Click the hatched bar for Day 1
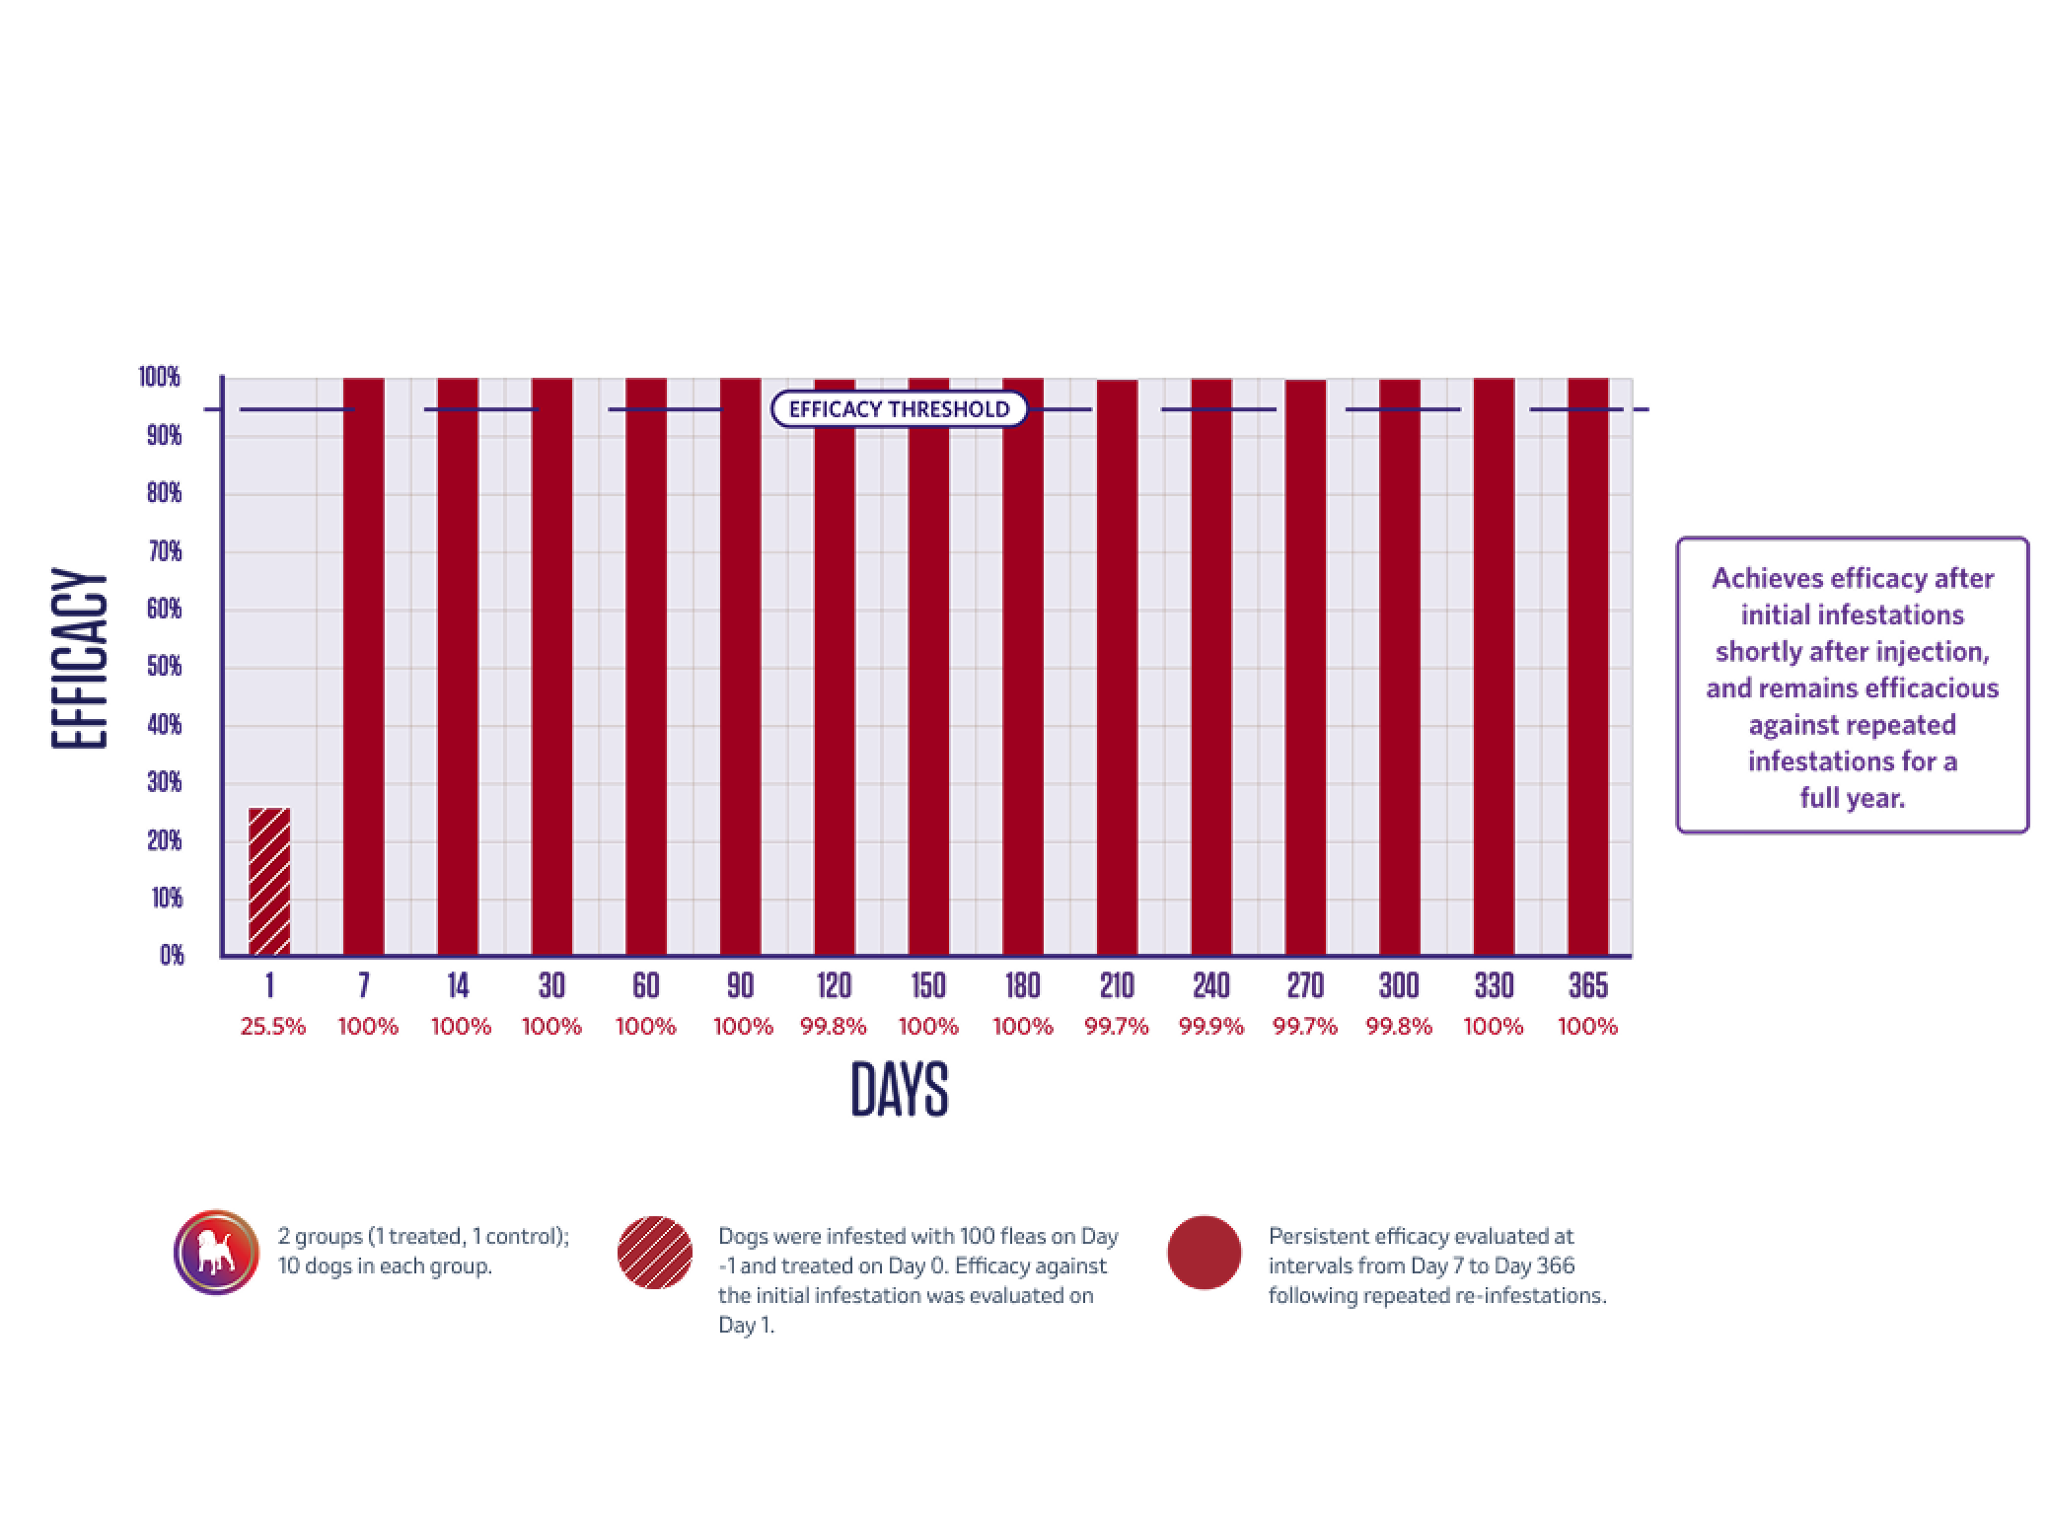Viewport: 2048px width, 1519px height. point(268,881)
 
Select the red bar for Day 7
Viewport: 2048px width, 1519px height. point(363,666)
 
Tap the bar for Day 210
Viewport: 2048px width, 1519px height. point(1117,668)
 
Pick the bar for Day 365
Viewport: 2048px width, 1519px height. point(1587,666)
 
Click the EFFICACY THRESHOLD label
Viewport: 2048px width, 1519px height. point(899,409)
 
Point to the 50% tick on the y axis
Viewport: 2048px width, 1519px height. point(164,667)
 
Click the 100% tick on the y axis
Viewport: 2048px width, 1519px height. point(160,377)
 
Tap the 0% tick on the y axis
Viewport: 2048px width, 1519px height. point(172,955)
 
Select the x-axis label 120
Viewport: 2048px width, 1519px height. point(834,985)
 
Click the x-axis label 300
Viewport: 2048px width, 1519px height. point(1399,985)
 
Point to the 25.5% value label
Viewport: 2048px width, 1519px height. point(272,1027)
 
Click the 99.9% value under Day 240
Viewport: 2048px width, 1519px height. point(1210,1027)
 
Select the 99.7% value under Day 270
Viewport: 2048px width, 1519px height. point(1304,1027)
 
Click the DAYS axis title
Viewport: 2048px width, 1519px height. point(899,1090)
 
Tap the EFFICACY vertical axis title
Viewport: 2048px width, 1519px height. point(79,659)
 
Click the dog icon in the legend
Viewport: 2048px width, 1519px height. point(217,1252)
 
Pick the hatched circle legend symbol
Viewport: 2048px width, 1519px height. point(655,1252)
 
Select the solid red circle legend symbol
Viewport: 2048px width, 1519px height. point(1204,1252)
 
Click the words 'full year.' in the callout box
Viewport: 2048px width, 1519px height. point(1852,797)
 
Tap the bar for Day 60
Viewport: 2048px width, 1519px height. point(646,666)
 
